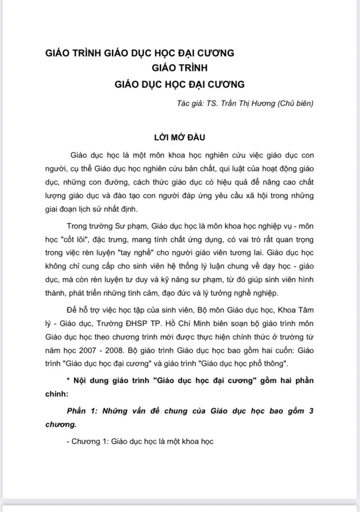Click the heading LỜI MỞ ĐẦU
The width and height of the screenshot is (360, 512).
click(x=180, y=137)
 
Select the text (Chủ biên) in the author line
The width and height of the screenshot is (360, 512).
click(x=294, y=104)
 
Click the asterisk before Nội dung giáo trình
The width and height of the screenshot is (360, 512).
click(x=69, y=380)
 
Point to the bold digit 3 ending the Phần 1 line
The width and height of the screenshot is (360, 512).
click(x=311, y=412)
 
